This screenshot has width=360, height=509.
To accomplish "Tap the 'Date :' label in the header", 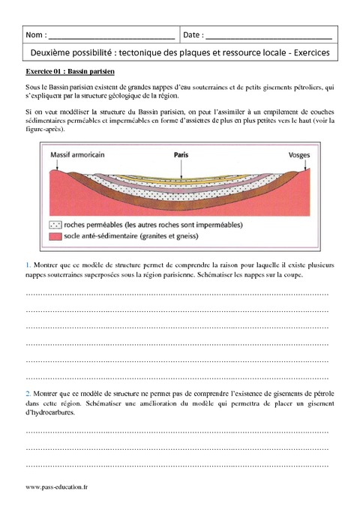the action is pos(192,34).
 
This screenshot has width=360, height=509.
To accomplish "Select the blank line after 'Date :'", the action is pos(268,36).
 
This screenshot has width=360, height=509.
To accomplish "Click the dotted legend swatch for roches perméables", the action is pos(54,224).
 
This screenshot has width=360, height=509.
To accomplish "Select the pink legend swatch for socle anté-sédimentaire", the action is pos(54,236).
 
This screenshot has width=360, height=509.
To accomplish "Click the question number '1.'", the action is pos(28,265).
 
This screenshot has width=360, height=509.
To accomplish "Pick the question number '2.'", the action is pos(28,393).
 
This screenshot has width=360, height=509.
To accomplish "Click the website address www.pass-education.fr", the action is pos(56,487).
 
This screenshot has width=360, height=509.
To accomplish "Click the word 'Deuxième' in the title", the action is pos(52,53).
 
